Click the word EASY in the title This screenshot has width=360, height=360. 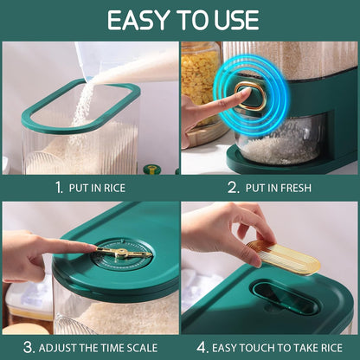138,20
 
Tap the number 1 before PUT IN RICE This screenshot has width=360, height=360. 59,188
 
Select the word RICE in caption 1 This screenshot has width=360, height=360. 114,188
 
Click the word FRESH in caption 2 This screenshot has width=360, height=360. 293,188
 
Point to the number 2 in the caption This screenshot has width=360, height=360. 233,188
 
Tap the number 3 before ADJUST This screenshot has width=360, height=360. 29,348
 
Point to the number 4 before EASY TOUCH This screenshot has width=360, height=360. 202,348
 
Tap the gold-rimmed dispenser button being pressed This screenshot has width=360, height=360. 250,97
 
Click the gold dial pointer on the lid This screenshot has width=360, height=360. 124,253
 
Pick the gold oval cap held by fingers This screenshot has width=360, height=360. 283,257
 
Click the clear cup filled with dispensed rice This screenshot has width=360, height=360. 280,140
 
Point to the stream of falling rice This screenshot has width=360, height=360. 82,106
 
